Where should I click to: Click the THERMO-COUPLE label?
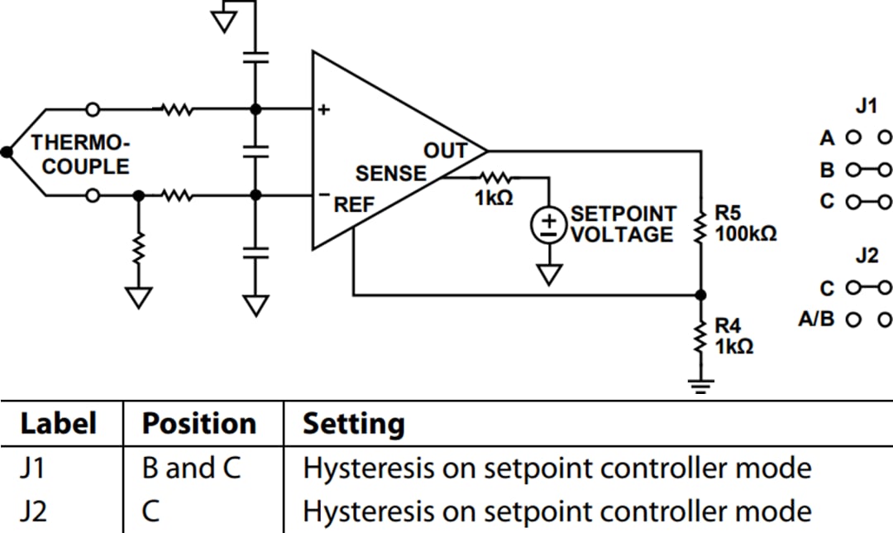pos(80,154)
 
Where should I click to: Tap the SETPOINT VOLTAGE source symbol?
pos(548,224)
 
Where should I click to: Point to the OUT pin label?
pos(446,151)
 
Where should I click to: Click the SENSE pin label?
pos(391,174)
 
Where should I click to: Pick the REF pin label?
pos(354,204)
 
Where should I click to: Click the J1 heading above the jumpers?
pos(866,107)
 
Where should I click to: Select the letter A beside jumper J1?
pos(827,138)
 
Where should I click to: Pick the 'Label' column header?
pos(58,424)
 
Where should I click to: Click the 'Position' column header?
pos(198,424)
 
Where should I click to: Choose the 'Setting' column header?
pos(354,424)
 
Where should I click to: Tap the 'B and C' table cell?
pos(192,468)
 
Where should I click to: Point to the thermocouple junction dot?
pos(7,151)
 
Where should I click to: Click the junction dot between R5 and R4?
pos(701,295)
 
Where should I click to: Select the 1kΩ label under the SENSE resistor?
pos(494,199)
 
